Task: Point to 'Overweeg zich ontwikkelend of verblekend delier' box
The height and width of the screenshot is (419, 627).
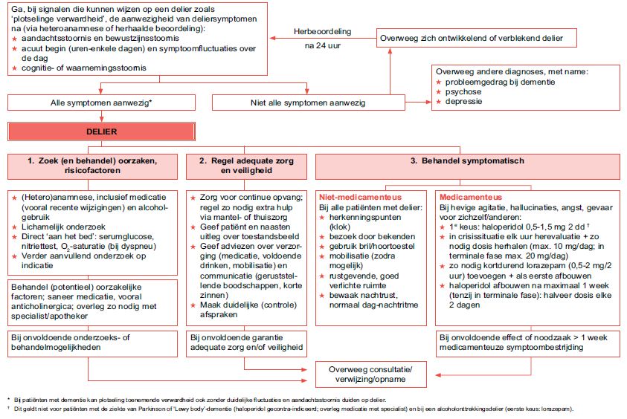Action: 470,37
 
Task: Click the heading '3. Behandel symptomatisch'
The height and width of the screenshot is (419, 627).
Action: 467,160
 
